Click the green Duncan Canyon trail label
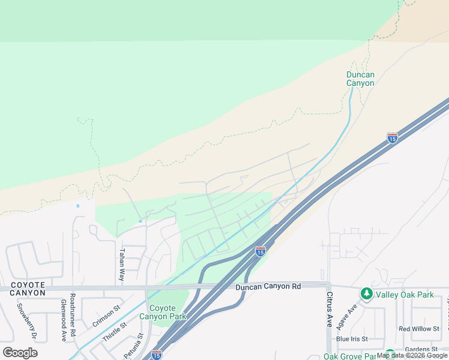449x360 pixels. [x=360, y=79]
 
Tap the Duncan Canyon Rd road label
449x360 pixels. [x=268, y=287]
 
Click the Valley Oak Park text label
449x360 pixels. [x=404, y=295]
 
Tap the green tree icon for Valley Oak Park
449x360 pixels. [x=366, y=294]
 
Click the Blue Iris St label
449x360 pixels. [x=351, y=339]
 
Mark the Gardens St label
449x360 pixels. [x=421, y=349]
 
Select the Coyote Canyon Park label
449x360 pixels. [x=164, y=312]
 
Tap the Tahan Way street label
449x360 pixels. [x=122, y=265]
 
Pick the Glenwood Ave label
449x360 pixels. [x=63, y=321]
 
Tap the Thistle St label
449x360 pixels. [x=115, y=332]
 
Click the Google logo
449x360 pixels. [x=20, y=353]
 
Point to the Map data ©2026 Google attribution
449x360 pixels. [x=412, y=356]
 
